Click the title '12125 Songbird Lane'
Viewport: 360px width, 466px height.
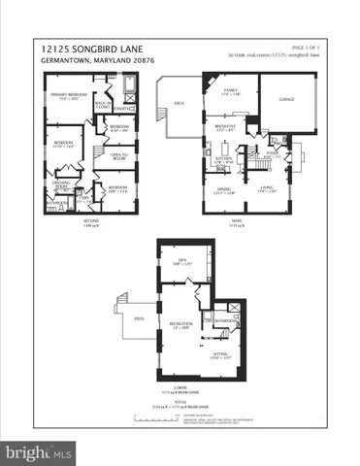(x=93, y=46)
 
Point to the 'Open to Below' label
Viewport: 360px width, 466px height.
(x=118, y=156)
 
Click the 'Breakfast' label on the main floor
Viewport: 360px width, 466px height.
(x=225, y=125)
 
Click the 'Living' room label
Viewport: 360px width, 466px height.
(x=267, y=188)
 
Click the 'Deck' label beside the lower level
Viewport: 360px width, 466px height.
(x=140, y=316)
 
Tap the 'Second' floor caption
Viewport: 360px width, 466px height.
(x=89, y=219)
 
